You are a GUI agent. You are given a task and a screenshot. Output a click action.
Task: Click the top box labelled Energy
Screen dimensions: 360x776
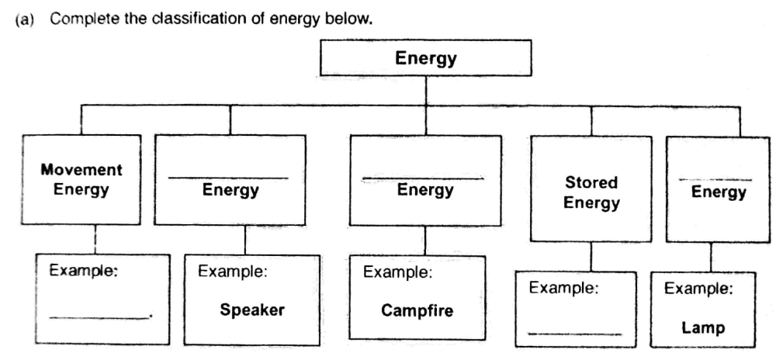coord(426,59)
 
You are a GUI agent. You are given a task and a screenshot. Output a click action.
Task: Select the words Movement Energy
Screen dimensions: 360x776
coord(81,179)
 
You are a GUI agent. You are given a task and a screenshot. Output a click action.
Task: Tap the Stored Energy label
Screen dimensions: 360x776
coord(591,193)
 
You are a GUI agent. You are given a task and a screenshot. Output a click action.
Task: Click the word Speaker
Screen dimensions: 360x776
coord(252,310)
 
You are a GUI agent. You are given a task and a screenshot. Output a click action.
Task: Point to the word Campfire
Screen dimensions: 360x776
coord(417,310)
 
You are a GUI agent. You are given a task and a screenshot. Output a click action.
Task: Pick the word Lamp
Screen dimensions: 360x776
coord(703,327)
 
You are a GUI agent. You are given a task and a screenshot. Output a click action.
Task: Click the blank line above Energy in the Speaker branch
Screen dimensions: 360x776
coord(230,178)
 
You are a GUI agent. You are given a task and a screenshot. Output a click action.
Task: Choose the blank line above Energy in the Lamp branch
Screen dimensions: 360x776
coord(714,179)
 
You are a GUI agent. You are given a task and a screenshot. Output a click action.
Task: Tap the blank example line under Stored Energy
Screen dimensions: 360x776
coord(575,334)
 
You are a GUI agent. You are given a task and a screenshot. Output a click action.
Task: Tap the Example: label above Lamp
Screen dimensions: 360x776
coord(698,289)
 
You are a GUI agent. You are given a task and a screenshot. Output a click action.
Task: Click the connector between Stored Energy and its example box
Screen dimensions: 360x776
coord(591,256)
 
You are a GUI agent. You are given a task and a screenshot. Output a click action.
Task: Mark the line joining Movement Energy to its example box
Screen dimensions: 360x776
coord(94,239)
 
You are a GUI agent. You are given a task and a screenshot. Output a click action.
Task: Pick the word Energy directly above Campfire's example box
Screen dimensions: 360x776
coord(425,191)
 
